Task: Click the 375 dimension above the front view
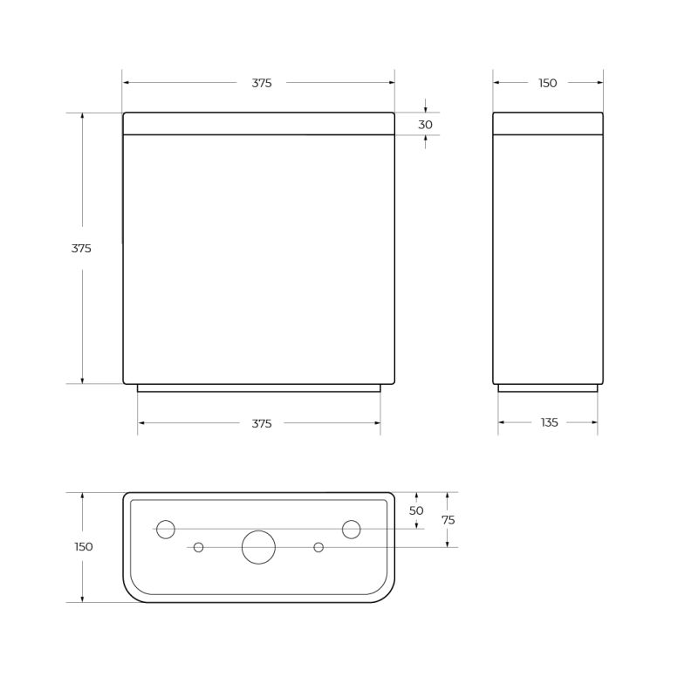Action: [x=262, y=83]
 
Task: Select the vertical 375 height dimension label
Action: [x=81, y=249]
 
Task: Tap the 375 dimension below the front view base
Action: [x=262, y=423]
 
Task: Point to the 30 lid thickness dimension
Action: [x=425, y=125]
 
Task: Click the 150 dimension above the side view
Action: [x=547, y=83]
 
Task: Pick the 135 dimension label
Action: [x=549, y=422]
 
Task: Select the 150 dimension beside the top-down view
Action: [x=84, y=547]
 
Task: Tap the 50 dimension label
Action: [x=416, y=510]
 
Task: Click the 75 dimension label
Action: [x=448, y=520]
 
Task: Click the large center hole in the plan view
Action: [x=258, y=547]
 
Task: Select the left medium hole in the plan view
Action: [x=166, y=529]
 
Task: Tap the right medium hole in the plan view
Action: [x=352, y=529]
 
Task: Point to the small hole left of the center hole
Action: [x=199, y=547]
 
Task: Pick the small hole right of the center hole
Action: [x=318, y=547]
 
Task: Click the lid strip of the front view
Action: [x=258, y=123]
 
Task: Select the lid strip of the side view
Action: [x=548, y=123]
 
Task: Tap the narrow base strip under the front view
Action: [x=258, y=388]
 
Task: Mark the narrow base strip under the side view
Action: [x=548, y=388]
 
